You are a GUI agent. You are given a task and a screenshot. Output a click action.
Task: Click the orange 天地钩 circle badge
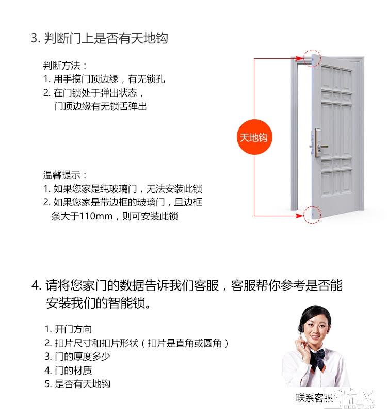click(x=254, y=137)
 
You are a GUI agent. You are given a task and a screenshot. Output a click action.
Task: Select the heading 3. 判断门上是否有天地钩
click(x=100, y=38)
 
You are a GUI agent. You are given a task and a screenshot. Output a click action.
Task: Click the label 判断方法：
click(x=65, y=66)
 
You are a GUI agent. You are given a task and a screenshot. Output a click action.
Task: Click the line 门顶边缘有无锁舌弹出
click(x=100, y=106)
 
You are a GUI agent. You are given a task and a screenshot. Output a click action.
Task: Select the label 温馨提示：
click(x=65, y=175)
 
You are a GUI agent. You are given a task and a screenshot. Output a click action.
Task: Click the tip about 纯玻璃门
click(x=122, y=189)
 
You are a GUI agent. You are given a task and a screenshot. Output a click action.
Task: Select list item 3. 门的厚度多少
click(x=77, y=357)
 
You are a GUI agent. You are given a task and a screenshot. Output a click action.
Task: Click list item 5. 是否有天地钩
click(x=77, y=384)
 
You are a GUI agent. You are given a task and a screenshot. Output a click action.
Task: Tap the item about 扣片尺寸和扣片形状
click(x=137, y=343)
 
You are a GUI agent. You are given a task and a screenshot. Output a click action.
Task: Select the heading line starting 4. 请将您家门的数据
click(x=187, y=286)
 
